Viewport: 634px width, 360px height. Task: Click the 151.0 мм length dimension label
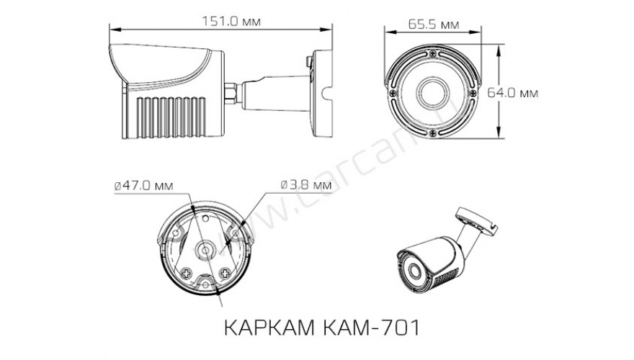(222, 22)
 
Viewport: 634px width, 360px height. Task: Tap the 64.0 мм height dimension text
(514, 92)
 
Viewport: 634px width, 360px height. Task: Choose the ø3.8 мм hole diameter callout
(300, 185)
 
